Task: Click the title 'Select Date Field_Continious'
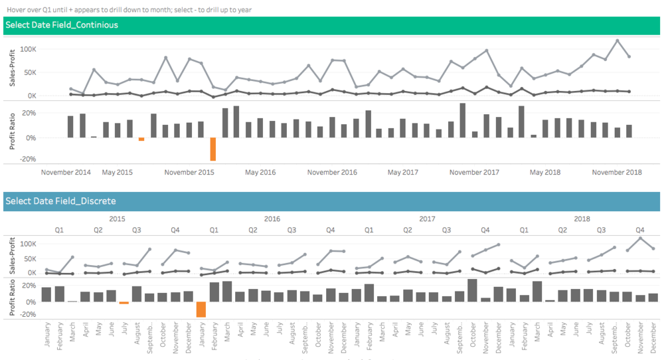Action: pyautogui.click(x=62, y=25)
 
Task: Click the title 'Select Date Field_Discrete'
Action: pyautogui.click(x=60, y=201)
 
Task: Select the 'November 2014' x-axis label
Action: pyautogui.click(x=66, y=173)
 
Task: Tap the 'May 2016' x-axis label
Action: pyautogui.click(x=260, y=173)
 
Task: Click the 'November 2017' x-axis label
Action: pyautogui.click(x=474, y=173)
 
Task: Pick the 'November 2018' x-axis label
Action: pyautogui.click(x=617, y=173)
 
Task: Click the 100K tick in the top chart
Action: pyautogui.click(x=27, y=50)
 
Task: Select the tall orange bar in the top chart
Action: pyautogui.click(x=213, y=149)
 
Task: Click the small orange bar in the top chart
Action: pyautogui.click(x=141, y=139)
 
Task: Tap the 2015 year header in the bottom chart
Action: pyautogui.click(x=117, y=219)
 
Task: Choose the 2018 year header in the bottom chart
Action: pyautogui.click(x=582, y=219)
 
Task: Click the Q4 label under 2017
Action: pyautogui.click(x=485, y=230)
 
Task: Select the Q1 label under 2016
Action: pyautogui.click(x=214, y=230)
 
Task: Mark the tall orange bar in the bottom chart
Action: pyautogui.click(x=201, y=310)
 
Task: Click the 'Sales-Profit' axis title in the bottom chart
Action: pyautogui.click(x=10, y=256)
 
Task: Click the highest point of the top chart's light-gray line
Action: pyautogui.click(x=617, y=41)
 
